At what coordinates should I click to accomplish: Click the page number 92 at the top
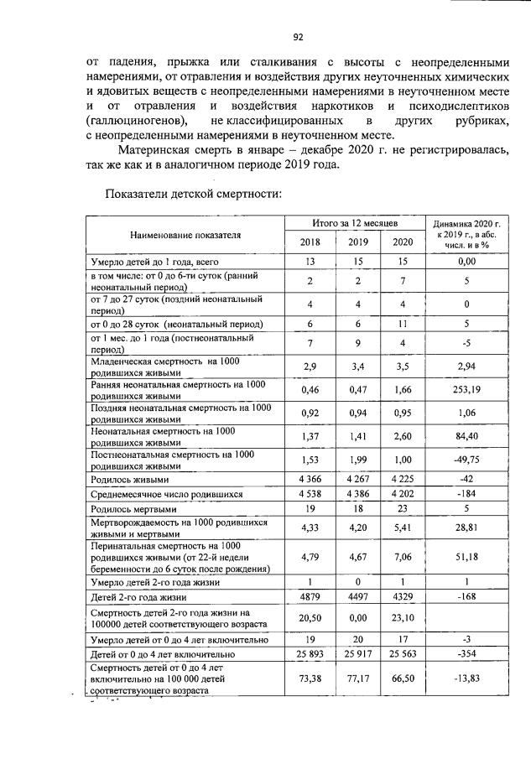[x=297, y=36]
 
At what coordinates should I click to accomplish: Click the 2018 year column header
[x=310, y=242]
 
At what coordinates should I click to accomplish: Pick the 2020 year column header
[x=402, y=242]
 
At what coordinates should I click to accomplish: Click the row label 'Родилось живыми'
[x=128, y=479]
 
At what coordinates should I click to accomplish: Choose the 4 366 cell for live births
[x=310, y=479]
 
